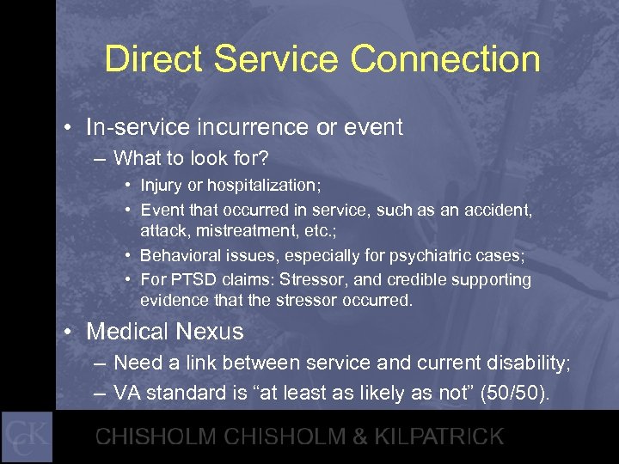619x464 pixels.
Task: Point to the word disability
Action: [524, 363]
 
